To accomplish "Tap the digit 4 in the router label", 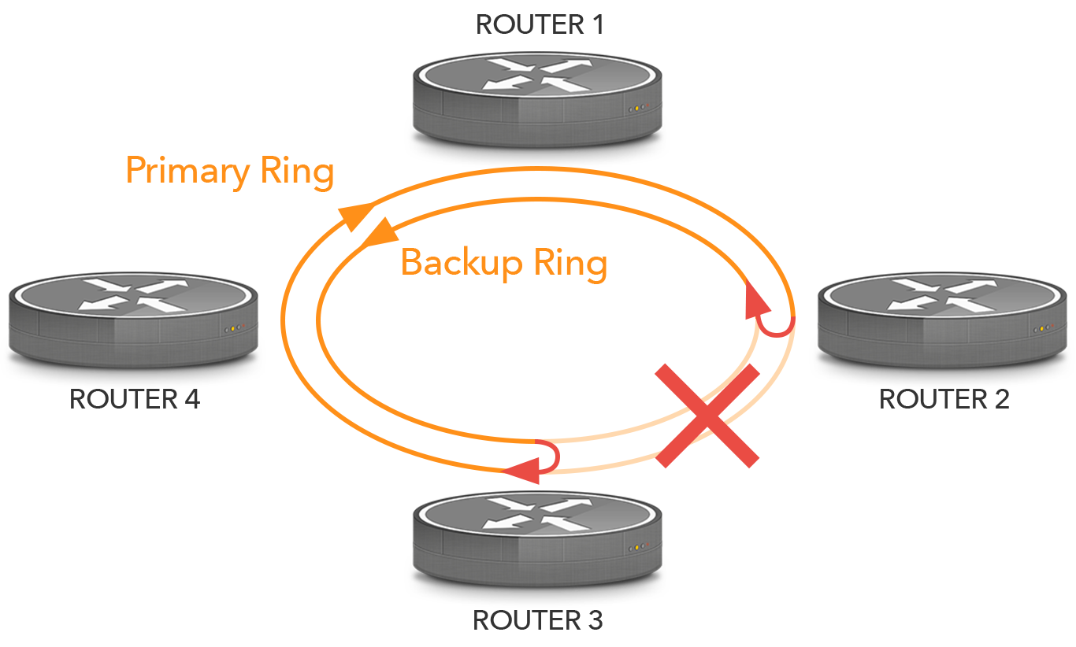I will click(x=191, y=399).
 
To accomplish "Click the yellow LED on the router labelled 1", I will click(x=636, y=109).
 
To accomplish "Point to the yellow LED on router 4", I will click(x=232, y=328).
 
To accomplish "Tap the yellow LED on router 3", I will click(x=636, y=548).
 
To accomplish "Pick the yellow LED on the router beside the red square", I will click(x=1041, y=328).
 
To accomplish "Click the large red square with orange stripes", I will click(x=707, y=416).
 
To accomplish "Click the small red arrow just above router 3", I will click(x=532, y=462).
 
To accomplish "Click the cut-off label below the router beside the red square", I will click(x=944, y=399).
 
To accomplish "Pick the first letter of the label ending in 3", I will click(x=483, y=620).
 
